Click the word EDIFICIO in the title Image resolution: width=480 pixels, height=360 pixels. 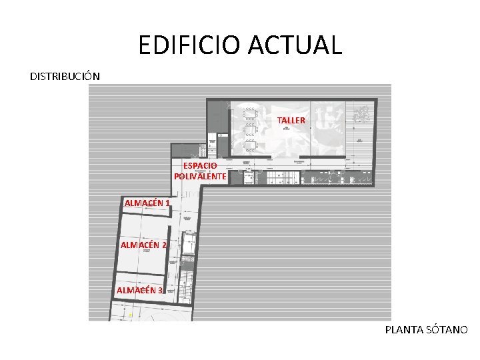tap(189, 45)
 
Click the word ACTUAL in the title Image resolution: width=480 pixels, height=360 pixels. tap(295, 45)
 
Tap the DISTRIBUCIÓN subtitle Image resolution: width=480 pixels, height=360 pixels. tap(65, 76)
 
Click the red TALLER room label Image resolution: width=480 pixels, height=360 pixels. tap(291, 120)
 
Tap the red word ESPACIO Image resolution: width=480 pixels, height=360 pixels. tap(200, 166)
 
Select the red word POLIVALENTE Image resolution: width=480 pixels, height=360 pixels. tap(200, 176)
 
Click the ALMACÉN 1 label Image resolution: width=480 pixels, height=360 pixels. tap(147, 203)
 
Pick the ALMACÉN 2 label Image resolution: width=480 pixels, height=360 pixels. tap(143, 245)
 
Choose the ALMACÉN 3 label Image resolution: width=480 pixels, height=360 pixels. tap(139, 290)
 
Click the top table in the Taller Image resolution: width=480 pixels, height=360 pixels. tap(251, 113)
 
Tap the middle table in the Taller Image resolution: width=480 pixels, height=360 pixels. tap(251, 130)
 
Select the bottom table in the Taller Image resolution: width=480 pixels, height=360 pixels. tap(251, 146)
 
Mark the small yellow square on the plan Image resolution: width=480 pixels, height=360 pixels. tap(130, 315)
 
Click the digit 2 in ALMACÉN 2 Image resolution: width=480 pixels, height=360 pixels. tap(164, 245)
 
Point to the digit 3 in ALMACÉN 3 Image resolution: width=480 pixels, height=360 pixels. tap(160, 290)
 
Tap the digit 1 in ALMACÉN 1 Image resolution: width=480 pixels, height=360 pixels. tap(167, 203)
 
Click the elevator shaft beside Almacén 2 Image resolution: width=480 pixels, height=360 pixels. tap(189, 243)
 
